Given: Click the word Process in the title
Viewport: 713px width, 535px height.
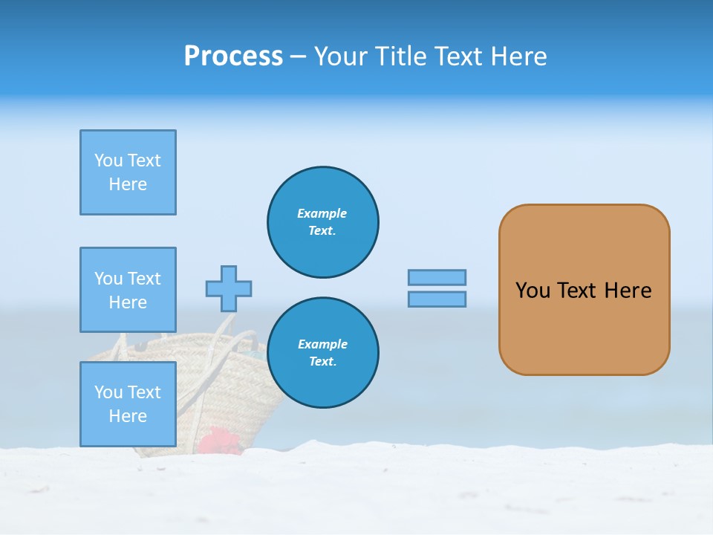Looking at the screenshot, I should tap(233, 56).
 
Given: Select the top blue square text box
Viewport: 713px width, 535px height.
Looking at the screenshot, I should tap(128, 172).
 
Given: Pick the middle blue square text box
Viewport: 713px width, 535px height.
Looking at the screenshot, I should tap(128, 290).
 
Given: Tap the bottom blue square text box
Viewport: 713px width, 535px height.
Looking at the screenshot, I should tap(128, 404).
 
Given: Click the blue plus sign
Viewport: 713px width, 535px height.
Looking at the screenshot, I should tap(229, 288).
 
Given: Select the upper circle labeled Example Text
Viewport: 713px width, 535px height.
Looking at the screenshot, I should tap(323, 222).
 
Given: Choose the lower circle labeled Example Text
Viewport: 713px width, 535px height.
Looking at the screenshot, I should tap(323, 353).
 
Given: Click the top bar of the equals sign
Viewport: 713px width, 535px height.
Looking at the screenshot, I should tap(437, 277).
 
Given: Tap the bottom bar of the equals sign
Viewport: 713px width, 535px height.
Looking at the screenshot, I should tap(437, 299).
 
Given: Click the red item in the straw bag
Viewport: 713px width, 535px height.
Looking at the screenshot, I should tap(220, 441).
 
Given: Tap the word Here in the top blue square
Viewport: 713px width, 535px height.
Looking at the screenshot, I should tap(128, 184).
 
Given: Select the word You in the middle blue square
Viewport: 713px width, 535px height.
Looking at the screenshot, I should tap(108, 279).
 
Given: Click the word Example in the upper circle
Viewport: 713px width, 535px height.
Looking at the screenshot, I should tap(322, 213).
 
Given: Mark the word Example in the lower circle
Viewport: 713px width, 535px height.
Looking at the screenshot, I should tap(322, 344).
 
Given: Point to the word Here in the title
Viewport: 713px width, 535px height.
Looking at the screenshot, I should tap(517, 56).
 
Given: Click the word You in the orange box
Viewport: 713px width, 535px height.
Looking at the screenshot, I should tap(533, 291).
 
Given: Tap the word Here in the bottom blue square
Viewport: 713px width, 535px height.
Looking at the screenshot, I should tap(128, 416).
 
